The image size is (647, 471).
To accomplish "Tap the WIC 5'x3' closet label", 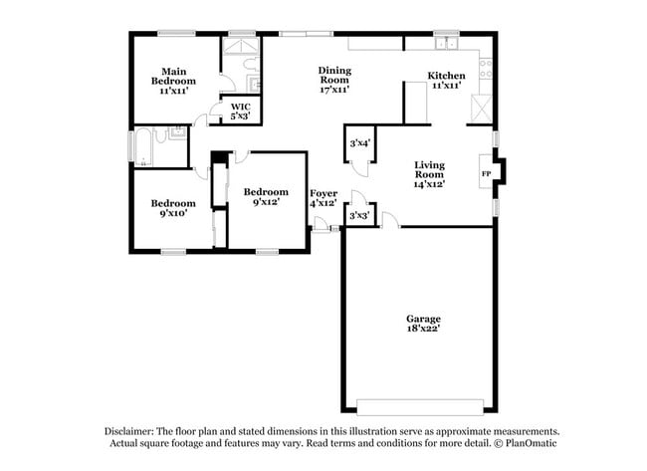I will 240,111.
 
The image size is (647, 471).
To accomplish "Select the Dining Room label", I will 333,80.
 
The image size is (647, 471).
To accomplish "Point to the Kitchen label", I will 446,81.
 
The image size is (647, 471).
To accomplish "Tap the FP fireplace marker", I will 486,173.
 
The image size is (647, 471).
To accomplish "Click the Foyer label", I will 323,197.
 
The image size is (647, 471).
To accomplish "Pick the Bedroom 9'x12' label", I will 266,197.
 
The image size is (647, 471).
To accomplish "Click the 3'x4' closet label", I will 359,143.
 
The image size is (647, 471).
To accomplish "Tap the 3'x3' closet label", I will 359,215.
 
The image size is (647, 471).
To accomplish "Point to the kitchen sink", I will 442,44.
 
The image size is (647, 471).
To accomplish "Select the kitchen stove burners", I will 486,68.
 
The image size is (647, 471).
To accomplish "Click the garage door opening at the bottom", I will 418,406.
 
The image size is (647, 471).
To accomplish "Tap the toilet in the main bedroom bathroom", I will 253,85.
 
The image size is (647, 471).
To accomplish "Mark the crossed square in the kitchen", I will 483,108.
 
